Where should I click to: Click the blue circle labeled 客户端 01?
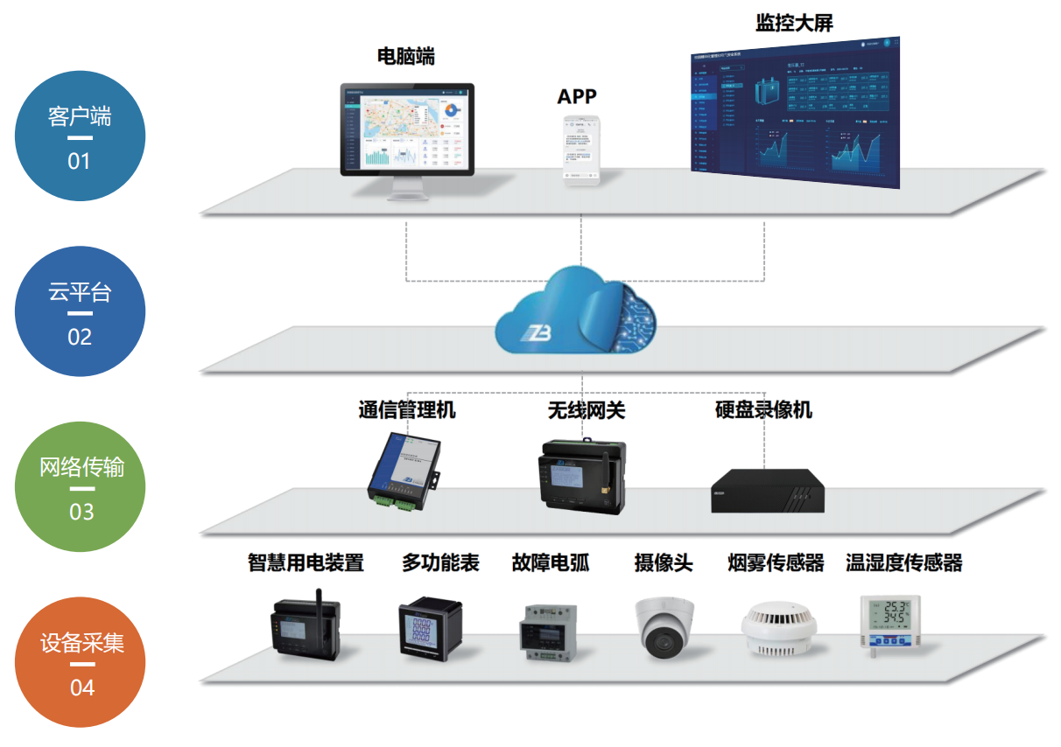click(80, 136)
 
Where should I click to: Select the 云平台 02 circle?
click(80, 311)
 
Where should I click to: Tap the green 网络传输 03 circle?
click(81, 486)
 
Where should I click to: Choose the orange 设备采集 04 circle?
click(81, 662)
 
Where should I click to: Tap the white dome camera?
click(664, 626)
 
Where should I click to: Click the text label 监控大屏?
click(794, 23)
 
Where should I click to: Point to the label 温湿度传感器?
click(903, 562)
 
